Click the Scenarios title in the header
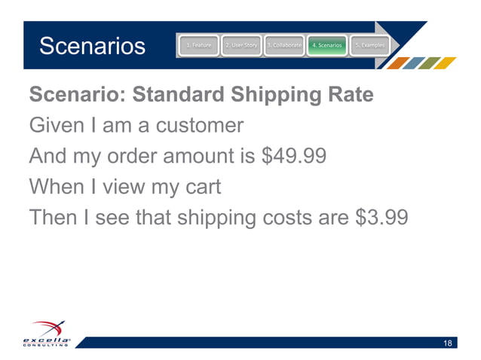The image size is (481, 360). [92, 47]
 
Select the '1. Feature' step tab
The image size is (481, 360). [198, 46]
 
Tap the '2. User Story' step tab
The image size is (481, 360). [241, 46]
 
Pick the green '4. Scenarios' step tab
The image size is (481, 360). [327, 46]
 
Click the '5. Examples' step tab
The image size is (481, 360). [370, 46]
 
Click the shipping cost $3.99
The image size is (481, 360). [381, 217]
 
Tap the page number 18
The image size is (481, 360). [448, 344]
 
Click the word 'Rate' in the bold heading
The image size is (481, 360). [351, 96]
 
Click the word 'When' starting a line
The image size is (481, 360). [53, 187]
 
